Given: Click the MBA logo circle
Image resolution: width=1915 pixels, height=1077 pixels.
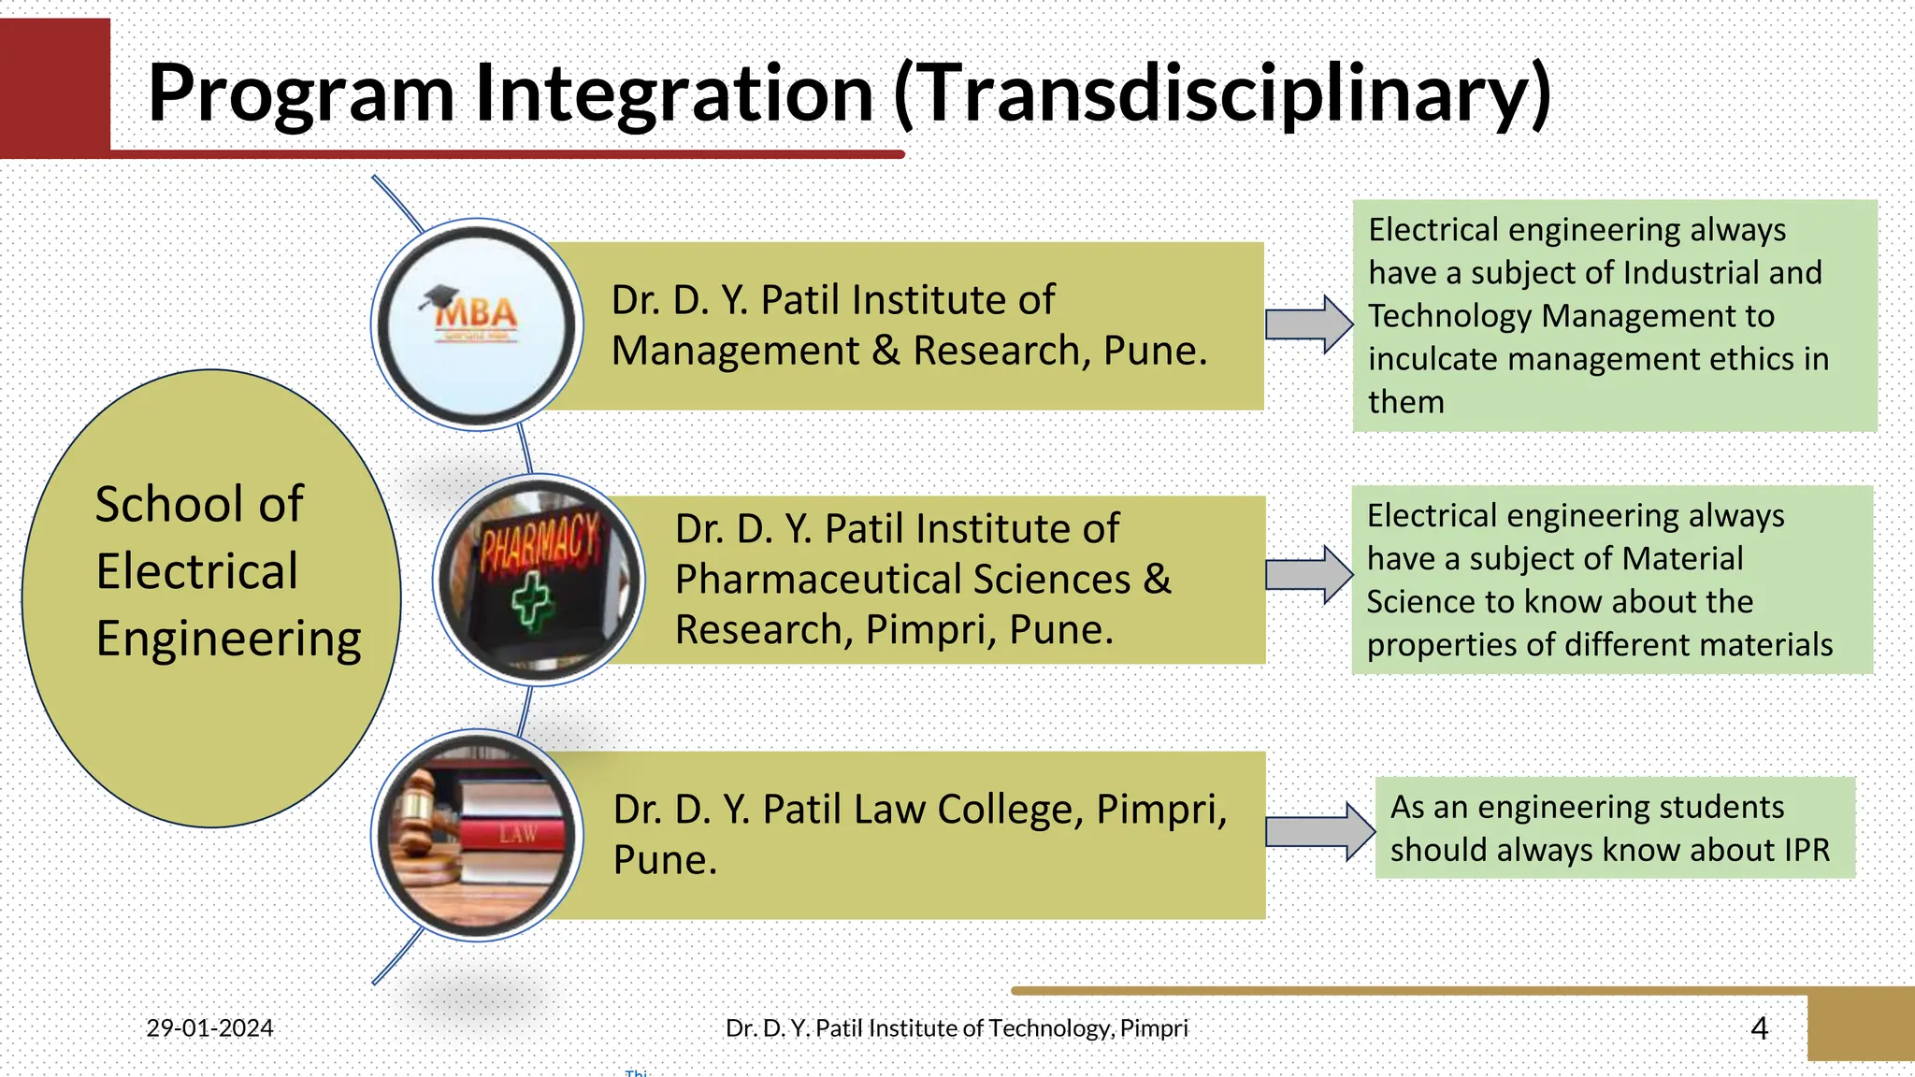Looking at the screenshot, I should coord(477,324).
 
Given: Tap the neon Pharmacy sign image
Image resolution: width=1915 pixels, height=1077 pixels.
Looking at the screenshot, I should coord(539,580).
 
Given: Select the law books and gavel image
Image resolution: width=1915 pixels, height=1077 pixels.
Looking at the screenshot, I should coord(477,835).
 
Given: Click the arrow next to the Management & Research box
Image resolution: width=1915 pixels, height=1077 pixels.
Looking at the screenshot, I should coord(1308,324).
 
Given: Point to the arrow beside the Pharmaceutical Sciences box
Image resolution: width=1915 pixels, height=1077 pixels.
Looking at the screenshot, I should coord(1308,574).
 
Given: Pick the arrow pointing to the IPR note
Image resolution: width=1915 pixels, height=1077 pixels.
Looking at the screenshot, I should coord(1318,831).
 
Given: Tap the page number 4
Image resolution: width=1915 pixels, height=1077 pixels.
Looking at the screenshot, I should coord(1759,1028).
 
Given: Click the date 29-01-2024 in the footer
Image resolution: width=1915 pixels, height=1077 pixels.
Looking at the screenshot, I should coord(209,1028).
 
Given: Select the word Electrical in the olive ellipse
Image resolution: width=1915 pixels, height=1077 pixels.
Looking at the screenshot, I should coord(197,571).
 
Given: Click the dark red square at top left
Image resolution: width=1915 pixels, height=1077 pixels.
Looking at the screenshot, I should coord(54,87).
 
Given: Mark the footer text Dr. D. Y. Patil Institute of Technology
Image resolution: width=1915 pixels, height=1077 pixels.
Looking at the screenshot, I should coord(956,1028).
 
